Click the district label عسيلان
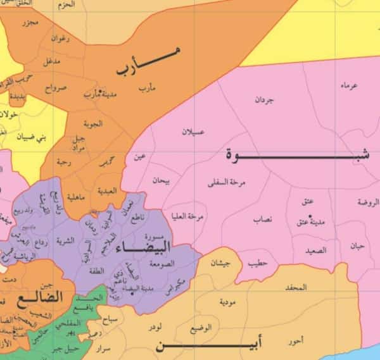coord(193,133)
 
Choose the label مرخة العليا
coord(187,216)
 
